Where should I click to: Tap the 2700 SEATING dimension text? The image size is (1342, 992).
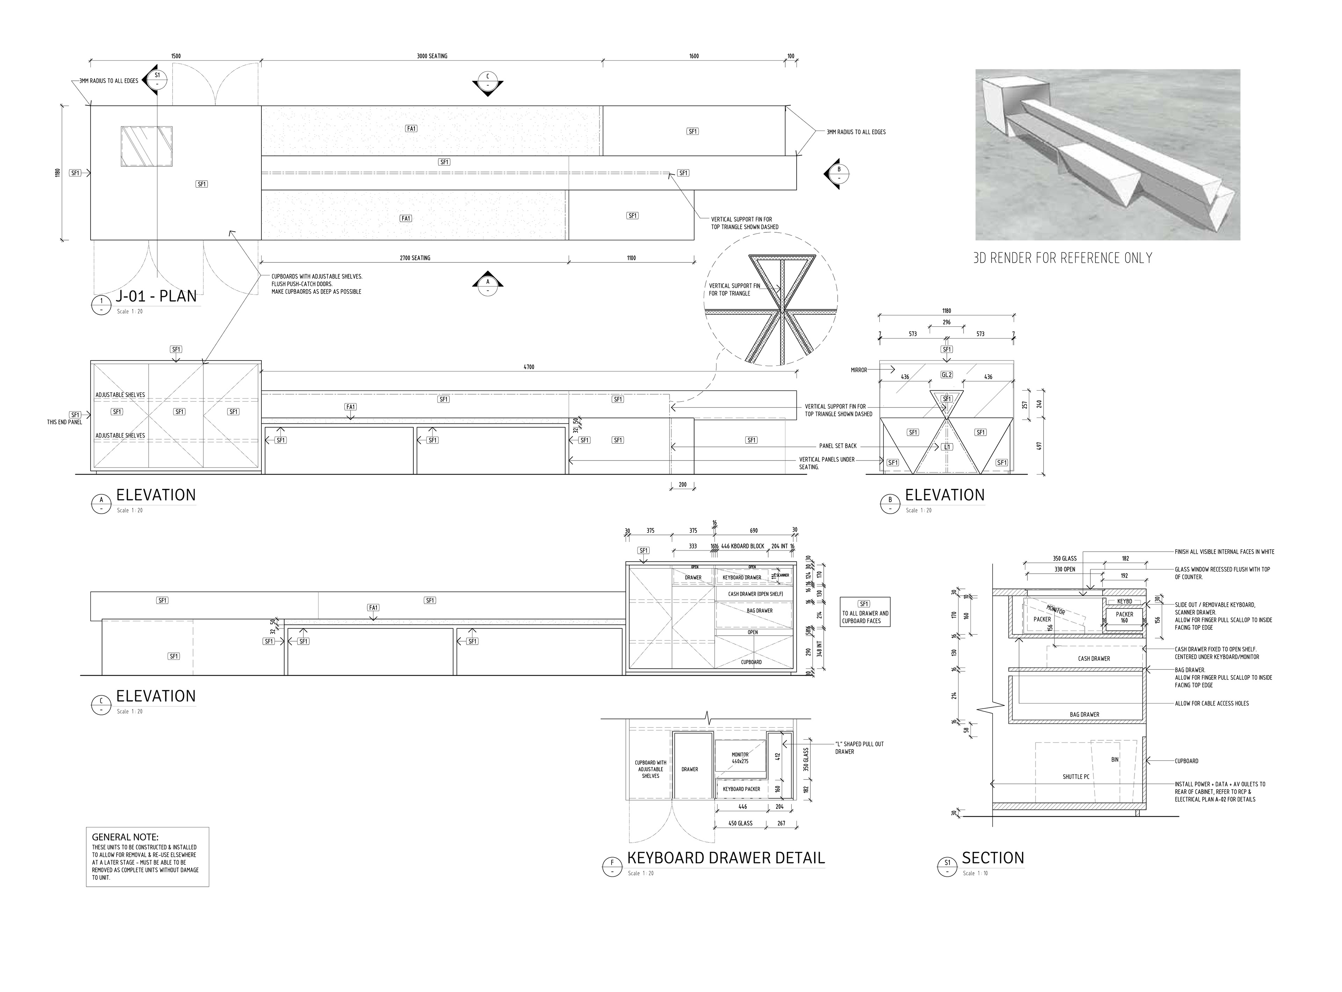[x=415, y=258]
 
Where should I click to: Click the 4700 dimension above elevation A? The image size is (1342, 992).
[x=528, y=367]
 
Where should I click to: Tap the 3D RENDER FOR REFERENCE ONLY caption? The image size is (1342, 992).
[x=1062, y=258]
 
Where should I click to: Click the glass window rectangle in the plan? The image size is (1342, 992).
[x=146, y=146]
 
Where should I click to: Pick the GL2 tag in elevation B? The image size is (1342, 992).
[x=946, y=375]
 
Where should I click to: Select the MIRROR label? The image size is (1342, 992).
[x=859, y=370]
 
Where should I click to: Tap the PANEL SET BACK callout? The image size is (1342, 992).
[x=838, y=446]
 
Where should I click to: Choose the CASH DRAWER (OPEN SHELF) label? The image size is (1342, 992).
[x=755, y=594]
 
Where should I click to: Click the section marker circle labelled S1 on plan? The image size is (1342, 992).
[x=157, y=76]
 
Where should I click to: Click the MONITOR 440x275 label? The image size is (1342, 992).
[x=740, y=758]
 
